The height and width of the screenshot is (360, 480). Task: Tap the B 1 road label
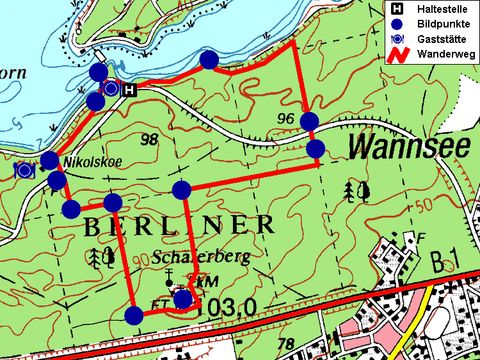(x=449, y=263)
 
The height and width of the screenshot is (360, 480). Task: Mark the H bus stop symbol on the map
(x=129, y=88)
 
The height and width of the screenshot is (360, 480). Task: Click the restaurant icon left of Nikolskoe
(x=23, y=169)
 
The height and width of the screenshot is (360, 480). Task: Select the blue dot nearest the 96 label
(x=309, y=121)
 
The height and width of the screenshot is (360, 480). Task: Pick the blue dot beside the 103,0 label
(x=183, y=298)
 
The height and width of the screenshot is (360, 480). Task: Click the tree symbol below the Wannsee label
(x=351, y=190)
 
